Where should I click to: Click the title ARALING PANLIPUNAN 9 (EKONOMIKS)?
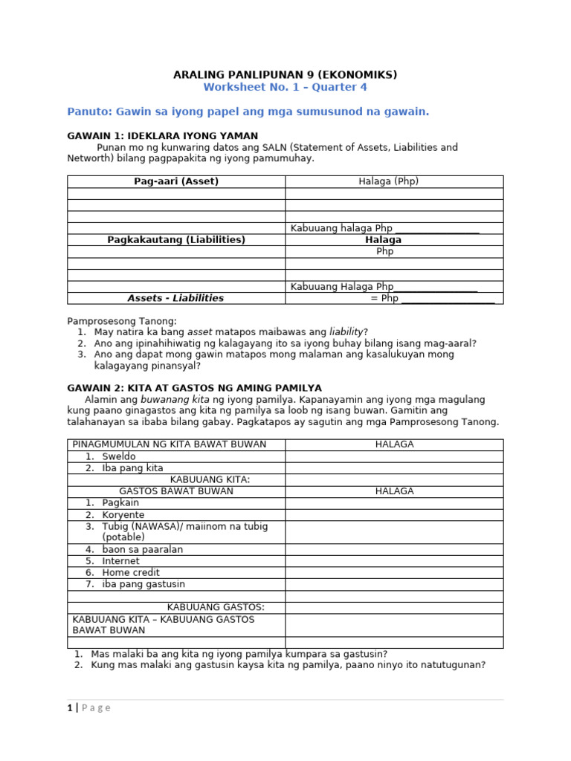(285, 74)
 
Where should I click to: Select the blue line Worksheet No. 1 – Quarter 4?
(285, 87)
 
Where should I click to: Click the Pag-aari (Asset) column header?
(176, 181)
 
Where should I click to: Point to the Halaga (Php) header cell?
(393, 181)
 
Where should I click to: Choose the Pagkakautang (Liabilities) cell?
(176, 240)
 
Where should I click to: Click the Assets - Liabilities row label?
(176, 298)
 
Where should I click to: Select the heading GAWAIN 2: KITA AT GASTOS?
(194, 388)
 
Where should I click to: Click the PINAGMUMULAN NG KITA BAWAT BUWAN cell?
(170, 444)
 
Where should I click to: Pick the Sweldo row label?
(119, 456)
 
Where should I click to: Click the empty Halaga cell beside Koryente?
(393, 515)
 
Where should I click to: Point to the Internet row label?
(120, 561)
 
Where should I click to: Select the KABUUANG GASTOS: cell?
(216, 607)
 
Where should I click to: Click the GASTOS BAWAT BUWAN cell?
(176, 491)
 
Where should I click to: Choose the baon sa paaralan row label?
(142, 550)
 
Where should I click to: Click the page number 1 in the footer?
(70, 708)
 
